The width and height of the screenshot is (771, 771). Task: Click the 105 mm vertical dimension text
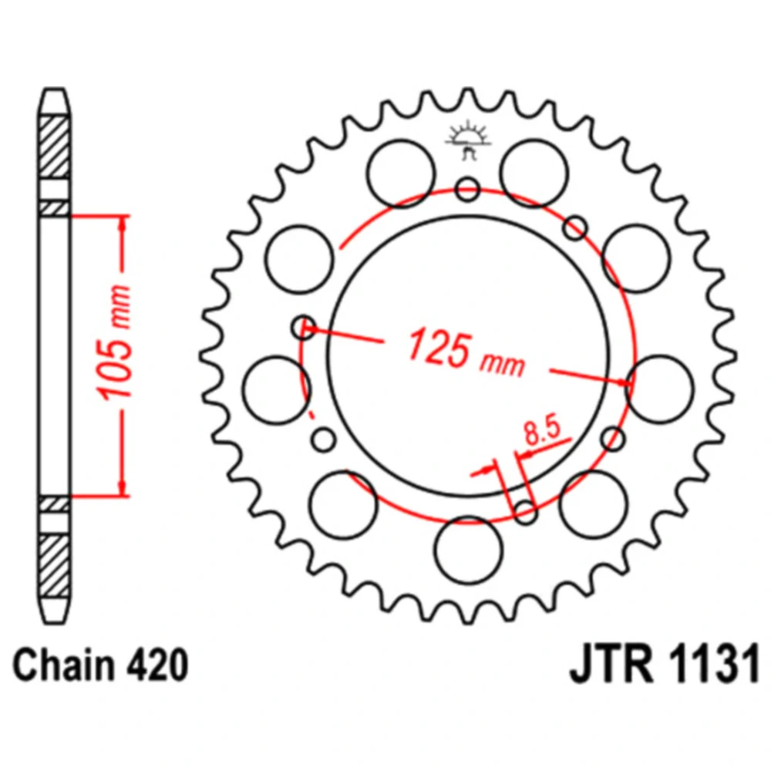pos(115,342)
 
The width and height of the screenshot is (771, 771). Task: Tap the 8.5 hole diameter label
pos(542,431)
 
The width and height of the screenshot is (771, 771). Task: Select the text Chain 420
pos(100,665)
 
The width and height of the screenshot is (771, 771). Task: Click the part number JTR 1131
pos(665,665)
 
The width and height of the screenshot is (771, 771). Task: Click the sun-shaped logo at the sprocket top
pos(468,140)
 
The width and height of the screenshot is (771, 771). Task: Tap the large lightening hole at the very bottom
pos(469,550)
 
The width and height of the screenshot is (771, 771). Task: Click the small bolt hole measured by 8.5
pos(526,513)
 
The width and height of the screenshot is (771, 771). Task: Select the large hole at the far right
pos(660,389)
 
